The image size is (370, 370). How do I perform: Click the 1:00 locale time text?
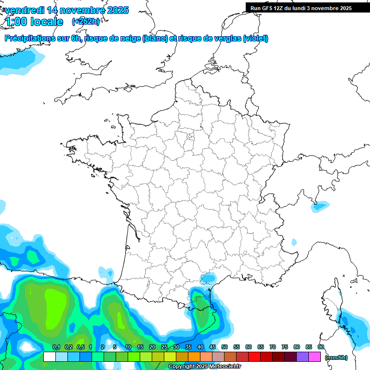tap(34, 21)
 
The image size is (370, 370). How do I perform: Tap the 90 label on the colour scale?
tap(321, 347)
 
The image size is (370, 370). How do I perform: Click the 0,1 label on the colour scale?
tap(56, 347)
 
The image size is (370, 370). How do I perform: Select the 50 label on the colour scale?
tap(225, 347)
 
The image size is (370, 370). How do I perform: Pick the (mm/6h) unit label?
tap(336, 357)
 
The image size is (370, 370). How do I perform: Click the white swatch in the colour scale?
tap(49, 357)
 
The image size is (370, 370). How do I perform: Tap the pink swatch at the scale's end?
tap(315, 357)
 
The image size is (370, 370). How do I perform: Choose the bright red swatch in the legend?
tap(254, 357)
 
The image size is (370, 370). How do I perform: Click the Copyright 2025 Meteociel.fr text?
tap(205, 367)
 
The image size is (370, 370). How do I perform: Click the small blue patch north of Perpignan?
tap(209, 278)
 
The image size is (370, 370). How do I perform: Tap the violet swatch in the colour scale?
tap(303, 357)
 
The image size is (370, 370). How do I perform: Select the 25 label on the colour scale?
tap(164, 347)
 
